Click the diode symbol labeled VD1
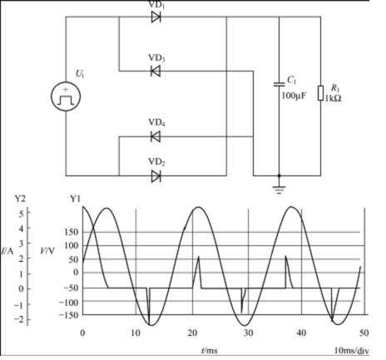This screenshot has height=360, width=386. coord(156,17)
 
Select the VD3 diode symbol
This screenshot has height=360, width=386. coord(156,72)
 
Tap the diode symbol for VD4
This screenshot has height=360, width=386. coord(156,136)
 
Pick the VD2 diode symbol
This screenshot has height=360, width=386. coord(156,176)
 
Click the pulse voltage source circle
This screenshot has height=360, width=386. coord(66,96)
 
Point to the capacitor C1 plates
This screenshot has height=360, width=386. coord(279,84)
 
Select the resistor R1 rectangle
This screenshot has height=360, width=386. coord(321,93)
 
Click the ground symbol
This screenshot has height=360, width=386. coord(279,190)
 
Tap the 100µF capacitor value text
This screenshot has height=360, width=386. coord(294,96)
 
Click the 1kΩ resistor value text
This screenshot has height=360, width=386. coord(333,98)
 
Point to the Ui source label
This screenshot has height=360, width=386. coord(80,73)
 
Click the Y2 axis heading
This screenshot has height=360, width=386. coord(20,199)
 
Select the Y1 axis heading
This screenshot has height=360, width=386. coord(75,199)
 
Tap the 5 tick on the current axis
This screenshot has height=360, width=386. coord(21,214)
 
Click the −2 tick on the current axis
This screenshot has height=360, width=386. coord(18,320)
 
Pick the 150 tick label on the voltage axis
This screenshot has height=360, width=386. coord(72,232)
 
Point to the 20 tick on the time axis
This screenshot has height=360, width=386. coord(192,333)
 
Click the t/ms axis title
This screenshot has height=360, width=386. coord(210,351)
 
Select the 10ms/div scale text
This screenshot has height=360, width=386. coord(352,351)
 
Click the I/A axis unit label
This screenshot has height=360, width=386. coord(7,251)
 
